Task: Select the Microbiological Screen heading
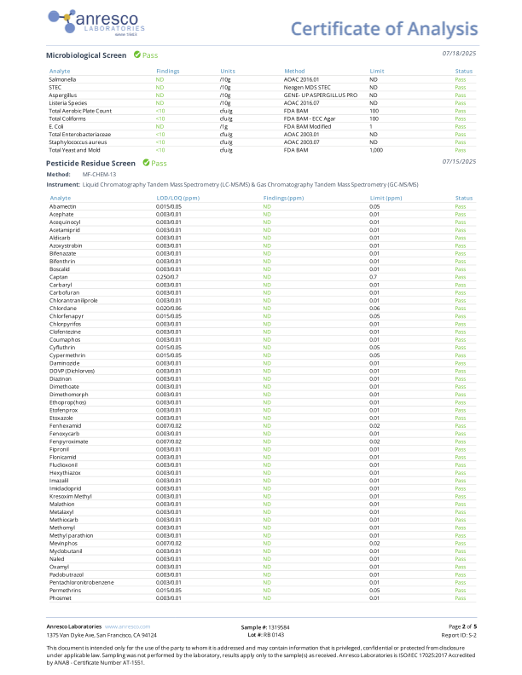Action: point(85,55)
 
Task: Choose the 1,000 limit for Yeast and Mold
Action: point(376,149)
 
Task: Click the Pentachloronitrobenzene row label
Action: point(82,582)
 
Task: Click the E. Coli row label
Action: point(57,126)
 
